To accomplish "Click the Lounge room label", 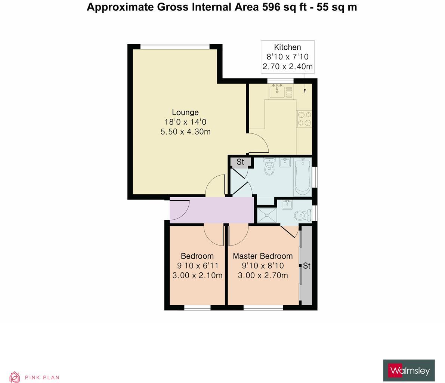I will point(185,112).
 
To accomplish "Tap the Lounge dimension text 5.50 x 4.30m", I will point(185,132).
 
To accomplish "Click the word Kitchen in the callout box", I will point(287,47).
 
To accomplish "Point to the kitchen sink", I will point(277,91).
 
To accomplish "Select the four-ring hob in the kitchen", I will point(304,118).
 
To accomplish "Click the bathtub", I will point(302,177).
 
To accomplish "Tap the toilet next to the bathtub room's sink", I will point(269,168).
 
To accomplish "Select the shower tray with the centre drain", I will point(267,216).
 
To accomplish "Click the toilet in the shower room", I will point(302,216).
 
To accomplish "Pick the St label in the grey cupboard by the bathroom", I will point(240,162).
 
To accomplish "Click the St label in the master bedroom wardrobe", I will point(306,266).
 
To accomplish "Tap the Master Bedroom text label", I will point(263,256).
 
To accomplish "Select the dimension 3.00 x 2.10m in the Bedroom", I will point(197,276).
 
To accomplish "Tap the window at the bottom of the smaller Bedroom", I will point(197,308).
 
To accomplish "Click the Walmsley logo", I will point(409,371).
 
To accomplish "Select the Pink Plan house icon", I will point(15,377).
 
